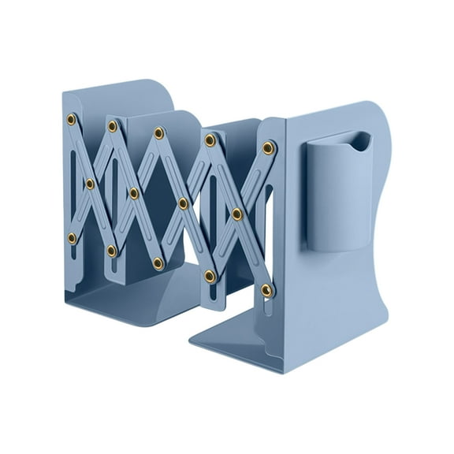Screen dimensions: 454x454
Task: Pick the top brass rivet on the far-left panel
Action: coord(72,119)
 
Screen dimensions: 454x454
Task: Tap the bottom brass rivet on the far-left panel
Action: coord(73,237)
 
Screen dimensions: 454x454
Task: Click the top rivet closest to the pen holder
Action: coord(269,147)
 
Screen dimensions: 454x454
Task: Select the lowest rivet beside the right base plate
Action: coord(267,290)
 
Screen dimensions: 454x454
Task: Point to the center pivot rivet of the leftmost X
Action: coord(90,184)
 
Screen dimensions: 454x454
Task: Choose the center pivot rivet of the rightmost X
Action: coord(236,214)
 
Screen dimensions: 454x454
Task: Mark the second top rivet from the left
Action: coord(113,126)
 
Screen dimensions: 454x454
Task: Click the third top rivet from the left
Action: coord(158,132)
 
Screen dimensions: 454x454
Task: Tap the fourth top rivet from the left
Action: coord(210,140)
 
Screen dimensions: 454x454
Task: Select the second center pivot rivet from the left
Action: coord(134,193)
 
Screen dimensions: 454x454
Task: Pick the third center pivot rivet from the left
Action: coord(183,203)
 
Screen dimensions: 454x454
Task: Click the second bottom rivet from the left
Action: coord(112,251)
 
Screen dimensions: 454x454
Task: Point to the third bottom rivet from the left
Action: coord(158,262)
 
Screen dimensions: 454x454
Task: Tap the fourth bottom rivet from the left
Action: coord(210,276)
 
